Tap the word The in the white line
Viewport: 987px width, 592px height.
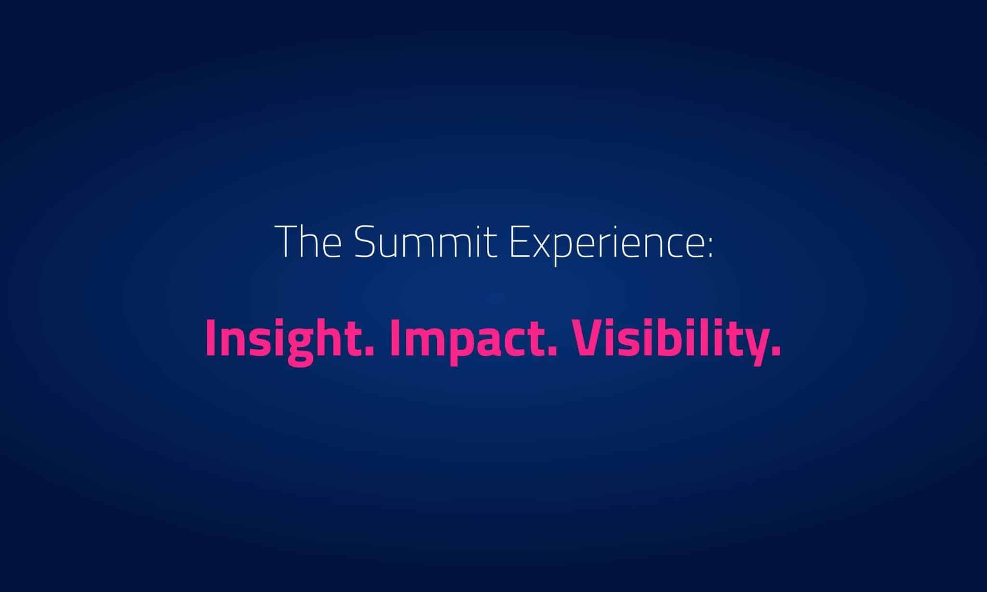tap(311, 241)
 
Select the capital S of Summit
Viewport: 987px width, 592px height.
tap(365, 241)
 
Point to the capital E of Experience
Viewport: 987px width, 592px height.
tap(519, 241)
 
